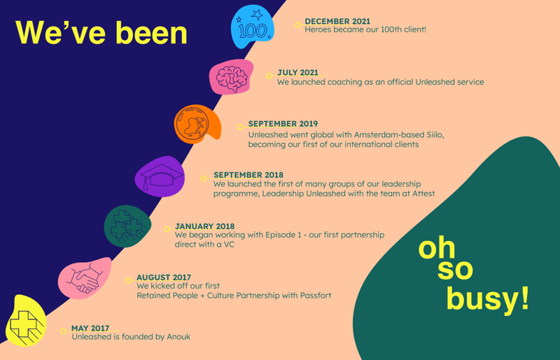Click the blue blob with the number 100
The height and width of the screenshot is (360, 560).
[x=252, y=27]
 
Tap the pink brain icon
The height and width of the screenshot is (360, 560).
[x=232, y=77]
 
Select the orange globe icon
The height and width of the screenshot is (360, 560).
[x=197, y=124]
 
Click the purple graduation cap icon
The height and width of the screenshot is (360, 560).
[x=160, y=176]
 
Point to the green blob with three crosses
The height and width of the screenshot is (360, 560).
[x=127, y=226]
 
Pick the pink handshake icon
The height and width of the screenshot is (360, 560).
[x=85, y=278]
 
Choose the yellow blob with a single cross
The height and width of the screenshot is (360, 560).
[x=26, y=321]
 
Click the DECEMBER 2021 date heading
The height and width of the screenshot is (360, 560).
[x=337, y=22]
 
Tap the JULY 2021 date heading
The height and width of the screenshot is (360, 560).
[x=297, y=73]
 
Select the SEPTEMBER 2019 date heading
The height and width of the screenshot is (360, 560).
[x=283, y=124]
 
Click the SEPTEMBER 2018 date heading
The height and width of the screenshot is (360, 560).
[x=248, y=175]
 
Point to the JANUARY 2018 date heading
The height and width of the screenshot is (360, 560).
[x=204, y=226]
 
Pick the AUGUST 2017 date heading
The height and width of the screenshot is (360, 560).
[x=164, y=277]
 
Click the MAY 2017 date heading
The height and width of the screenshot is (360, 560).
[x=90, y=328]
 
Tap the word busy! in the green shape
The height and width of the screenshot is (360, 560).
[x=487, y=300]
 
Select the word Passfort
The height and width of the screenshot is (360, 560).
[x=316, y=296]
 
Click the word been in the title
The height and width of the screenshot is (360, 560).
[x=151, y=32]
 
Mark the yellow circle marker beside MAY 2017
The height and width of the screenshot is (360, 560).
[x=63, y=331]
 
